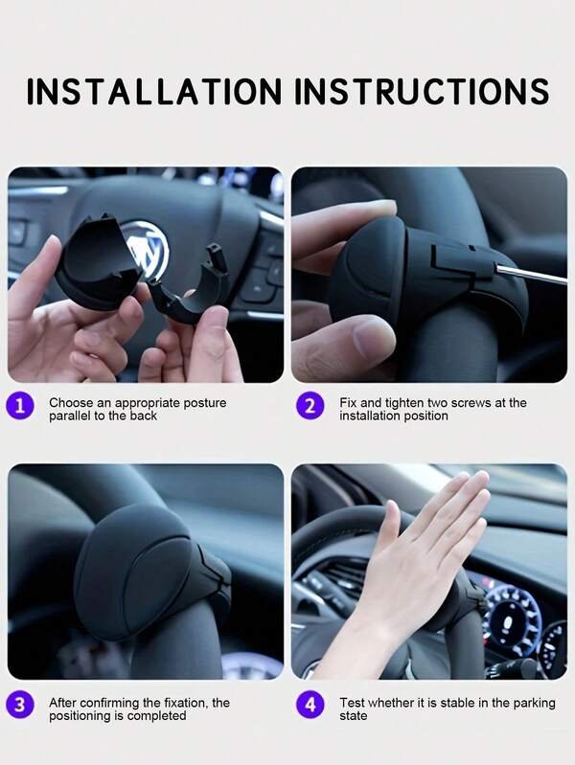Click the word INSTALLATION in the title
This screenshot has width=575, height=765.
pyautogui.click(x=154, y=91)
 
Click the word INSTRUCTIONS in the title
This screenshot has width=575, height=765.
pyautogui.click(x=422, y=91)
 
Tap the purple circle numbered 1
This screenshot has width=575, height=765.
pyautogui.click(x=20, y=405)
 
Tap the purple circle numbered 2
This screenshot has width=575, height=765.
pyautogui.click(x=310, y=405)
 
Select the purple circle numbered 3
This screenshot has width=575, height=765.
pyautogui.click(x=20, y=705)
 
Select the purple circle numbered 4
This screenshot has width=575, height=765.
pyautogui.click(x=310, y=705)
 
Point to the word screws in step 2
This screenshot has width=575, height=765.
pyautogui.click(x=471, y=403)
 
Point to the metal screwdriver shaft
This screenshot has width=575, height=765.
pyautogui.click(x=530, y=274)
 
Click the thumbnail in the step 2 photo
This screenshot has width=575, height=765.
pyautogui.click(x=371, y=338)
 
